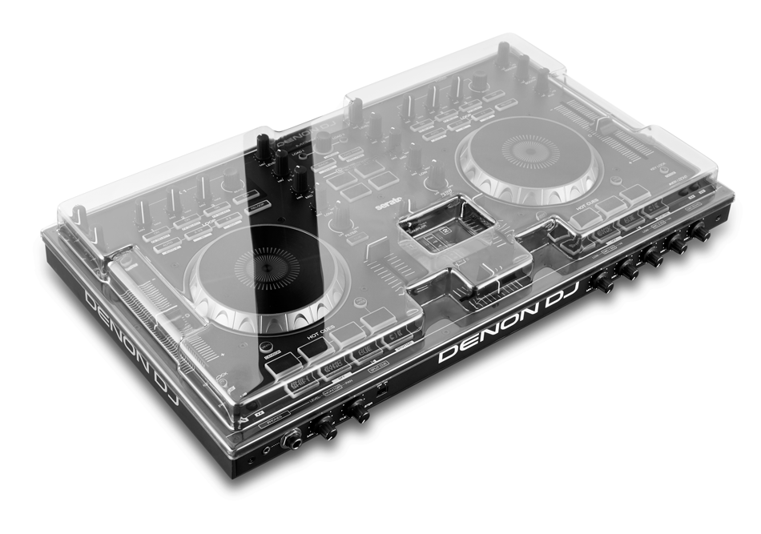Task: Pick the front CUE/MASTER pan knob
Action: [x=358, y=413]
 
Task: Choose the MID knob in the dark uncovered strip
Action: [x=282, y=163]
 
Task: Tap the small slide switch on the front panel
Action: [x=383, y=394]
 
